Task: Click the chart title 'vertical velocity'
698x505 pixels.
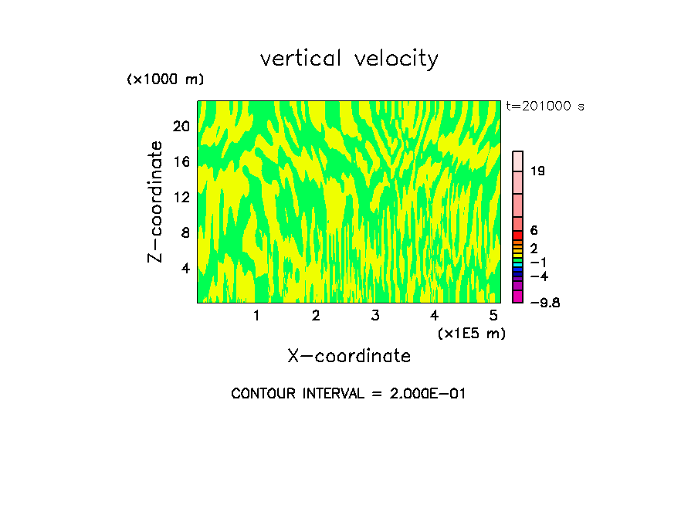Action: pyautogui.click(x=349, y=59)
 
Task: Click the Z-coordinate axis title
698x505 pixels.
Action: pyautogui.click(x=157, y=202)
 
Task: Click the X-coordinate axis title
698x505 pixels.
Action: pyautogui.click(x=349, y=356)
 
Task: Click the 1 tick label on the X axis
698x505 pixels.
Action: pyautogui.click(x=256, y=316)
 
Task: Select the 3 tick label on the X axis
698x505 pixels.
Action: pyautogui.click(x=374, y=316)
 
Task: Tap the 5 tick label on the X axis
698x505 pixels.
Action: pyautogui.click(x=493, y=316)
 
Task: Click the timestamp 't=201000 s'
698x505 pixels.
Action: pyautogui.click(x=545, y=107)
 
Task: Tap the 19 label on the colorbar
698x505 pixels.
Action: pyautogui.click(x=538, y=171)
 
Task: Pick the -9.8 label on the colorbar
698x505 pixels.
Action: pyautogui.click(x=544, y=303)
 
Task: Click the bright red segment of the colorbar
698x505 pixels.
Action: pyautogui.click(x=518, y=235)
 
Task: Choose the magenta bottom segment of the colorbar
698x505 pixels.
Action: pyautogui.click(x=518, y=297)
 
